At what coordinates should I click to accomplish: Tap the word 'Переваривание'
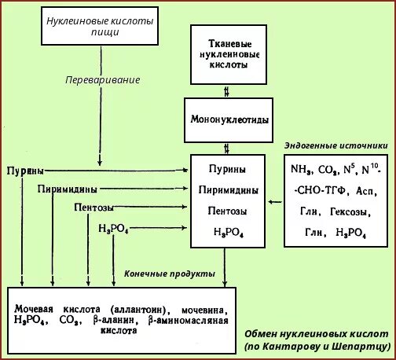100,80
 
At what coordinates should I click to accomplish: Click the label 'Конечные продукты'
170,274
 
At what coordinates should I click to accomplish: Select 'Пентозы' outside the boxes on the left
94,208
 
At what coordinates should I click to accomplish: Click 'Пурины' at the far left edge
24,171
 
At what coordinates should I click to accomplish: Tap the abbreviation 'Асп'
364,191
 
